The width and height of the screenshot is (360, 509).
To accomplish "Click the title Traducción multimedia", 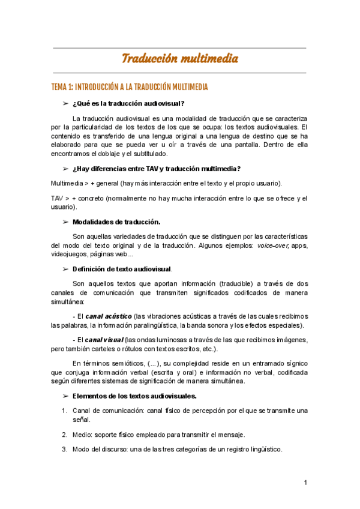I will tap(180, 58).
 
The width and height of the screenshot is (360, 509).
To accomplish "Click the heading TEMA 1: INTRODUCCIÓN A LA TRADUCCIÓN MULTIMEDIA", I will tap(130, 88).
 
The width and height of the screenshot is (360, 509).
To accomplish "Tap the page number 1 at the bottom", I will tap(305, 483).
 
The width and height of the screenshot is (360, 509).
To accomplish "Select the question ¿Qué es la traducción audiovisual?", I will tap(128, 103).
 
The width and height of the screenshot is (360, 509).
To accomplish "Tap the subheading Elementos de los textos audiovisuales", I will tap(134, 396).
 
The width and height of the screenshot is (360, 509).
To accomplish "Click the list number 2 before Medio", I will tap(64, 435).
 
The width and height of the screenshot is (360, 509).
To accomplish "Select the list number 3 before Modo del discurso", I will tap(64, 450).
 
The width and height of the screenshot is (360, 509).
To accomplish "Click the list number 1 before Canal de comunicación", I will tap(64, 411).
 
